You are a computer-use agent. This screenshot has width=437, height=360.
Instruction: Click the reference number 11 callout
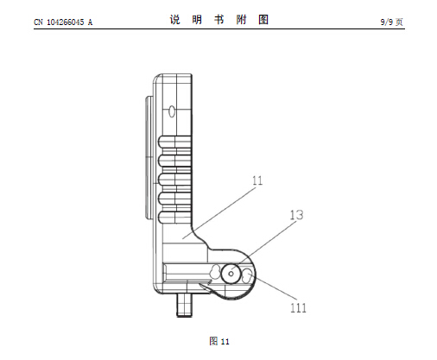point(257,180)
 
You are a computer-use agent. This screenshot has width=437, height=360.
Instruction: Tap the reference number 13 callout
point(296,215)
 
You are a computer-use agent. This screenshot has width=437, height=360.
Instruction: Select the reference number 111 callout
point(298,308)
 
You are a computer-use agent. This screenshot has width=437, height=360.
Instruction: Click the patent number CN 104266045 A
point(63,22)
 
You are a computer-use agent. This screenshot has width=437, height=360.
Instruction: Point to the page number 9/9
point(387,22)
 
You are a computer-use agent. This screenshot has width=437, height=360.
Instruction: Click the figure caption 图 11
point(219,341)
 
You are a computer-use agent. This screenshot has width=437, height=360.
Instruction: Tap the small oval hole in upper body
point(172,111)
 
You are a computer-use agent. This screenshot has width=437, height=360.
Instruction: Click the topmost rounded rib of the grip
point(174,142)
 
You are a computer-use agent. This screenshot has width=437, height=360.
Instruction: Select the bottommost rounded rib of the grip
point(174,218)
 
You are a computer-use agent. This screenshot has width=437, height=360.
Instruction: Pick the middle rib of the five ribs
point(174,180)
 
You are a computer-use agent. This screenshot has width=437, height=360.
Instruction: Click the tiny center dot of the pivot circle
point(231,274)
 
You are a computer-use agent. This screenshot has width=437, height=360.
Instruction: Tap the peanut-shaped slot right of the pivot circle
point(247,275)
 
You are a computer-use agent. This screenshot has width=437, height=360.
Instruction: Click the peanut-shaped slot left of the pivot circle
point(214,271)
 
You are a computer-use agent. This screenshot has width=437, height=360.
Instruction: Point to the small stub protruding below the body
point(184,305)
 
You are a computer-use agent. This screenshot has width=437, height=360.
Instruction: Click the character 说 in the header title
point(174,20)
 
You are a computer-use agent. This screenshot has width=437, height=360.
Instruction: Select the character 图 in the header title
point(263,20)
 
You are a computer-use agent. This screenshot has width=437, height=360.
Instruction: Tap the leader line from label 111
point(273,287)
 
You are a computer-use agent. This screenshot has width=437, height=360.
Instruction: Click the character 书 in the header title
point(218,20)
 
